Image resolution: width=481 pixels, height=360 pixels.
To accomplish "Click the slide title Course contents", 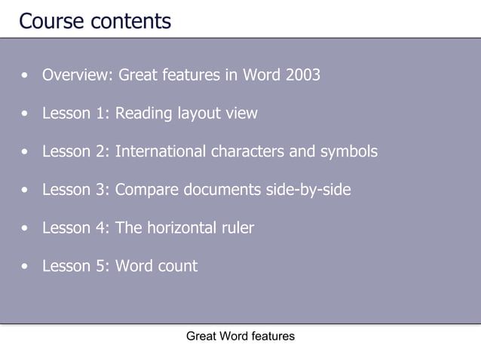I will (95, 20).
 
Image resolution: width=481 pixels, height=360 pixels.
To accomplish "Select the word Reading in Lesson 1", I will (144, 114).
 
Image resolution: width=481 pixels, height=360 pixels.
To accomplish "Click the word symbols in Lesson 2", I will (348, 151).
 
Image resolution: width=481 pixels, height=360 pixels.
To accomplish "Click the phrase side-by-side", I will (308, 190).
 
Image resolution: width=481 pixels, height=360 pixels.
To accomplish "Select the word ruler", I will (238, 227).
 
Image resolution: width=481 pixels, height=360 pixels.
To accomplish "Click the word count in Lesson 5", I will (178, 266).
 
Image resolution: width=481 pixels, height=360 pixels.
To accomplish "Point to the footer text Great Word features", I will (240, 336).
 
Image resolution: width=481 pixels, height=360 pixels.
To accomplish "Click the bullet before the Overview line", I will (27, 76).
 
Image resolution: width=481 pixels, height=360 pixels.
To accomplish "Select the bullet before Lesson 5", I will (27, 267).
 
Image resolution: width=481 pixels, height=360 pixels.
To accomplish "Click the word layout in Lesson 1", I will (198, 114).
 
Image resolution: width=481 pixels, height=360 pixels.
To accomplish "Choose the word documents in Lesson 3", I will (223, 190).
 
